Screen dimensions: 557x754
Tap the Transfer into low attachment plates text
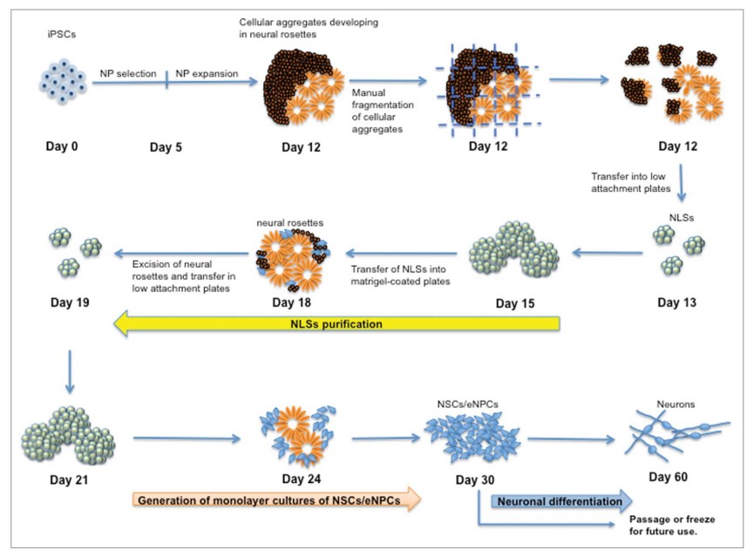(632, 182)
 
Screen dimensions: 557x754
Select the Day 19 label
(68, 303)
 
